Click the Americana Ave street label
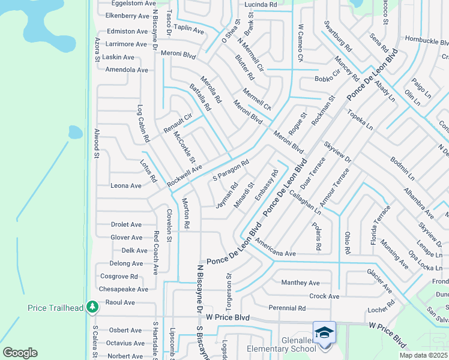276,248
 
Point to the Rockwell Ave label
185,175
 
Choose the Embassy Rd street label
267,185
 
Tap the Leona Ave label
126,186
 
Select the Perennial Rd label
287,308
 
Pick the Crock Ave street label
324,296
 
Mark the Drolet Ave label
126,224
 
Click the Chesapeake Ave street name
123,289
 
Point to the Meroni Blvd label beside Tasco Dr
178,55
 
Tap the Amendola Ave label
126,70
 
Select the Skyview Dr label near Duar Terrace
337,155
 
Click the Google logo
19,353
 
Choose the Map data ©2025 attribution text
423,355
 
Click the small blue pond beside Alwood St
75,132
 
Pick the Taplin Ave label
188,29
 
